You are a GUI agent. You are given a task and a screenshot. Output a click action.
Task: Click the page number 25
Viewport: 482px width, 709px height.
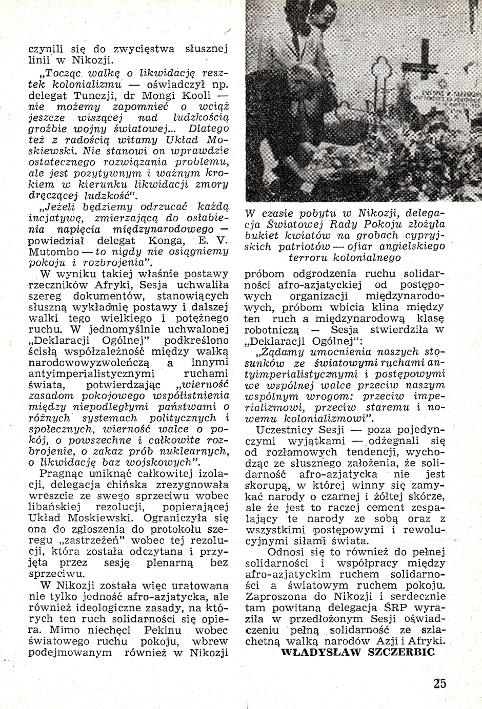439,683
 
